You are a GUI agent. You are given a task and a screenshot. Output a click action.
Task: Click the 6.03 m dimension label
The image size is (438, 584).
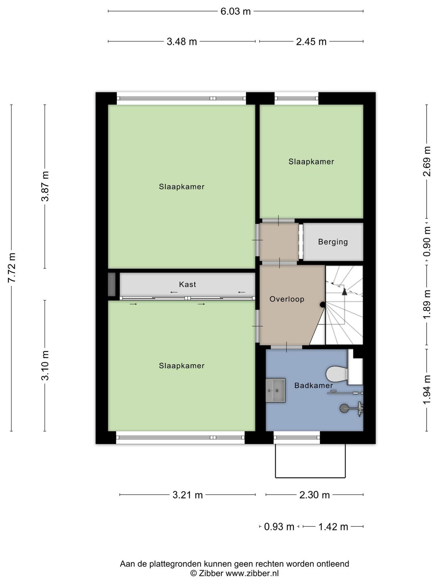click(235, 11)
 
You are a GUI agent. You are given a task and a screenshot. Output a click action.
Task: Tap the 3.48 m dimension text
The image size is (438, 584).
click(182, 42)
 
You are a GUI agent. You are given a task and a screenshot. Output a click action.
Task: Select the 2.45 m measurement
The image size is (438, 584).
click(311, 42)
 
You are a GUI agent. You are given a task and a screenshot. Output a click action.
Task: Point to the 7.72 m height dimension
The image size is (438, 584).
click(12, 268)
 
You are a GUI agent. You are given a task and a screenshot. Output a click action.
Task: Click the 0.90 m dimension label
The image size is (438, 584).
click(427, 241)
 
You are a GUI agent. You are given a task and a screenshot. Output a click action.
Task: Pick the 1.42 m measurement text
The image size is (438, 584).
click(333, 527)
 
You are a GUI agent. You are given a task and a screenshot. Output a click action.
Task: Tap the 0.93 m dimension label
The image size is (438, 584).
click(279, 527)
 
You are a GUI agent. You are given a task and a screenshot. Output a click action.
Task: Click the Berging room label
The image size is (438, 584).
click(333, 242)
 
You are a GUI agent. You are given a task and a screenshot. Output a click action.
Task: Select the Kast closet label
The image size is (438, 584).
click(188, 284)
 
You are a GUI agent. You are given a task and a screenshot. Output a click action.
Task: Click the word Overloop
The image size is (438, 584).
click(287, 299)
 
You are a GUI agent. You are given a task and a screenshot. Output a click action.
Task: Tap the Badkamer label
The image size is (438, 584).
click(314, 385)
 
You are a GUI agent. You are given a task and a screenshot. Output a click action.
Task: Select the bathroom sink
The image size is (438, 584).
click(276, 391)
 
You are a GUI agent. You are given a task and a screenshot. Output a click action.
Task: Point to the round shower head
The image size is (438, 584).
click(345, 408)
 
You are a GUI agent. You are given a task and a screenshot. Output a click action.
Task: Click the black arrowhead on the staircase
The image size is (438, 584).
click(345, 292)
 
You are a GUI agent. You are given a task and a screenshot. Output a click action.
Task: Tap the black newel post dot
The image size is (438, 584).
click(322, 305)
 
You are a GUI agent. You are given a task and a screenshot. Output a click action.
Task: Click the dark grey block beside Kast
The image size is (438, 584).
click(112, 284)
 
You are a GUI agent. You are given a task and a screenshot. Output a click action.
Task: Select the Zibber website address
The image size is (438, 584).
click(252, 573)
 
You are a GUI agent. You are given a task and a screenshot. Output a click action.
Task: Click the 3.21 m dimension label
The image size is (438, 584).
click(188, 495)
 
